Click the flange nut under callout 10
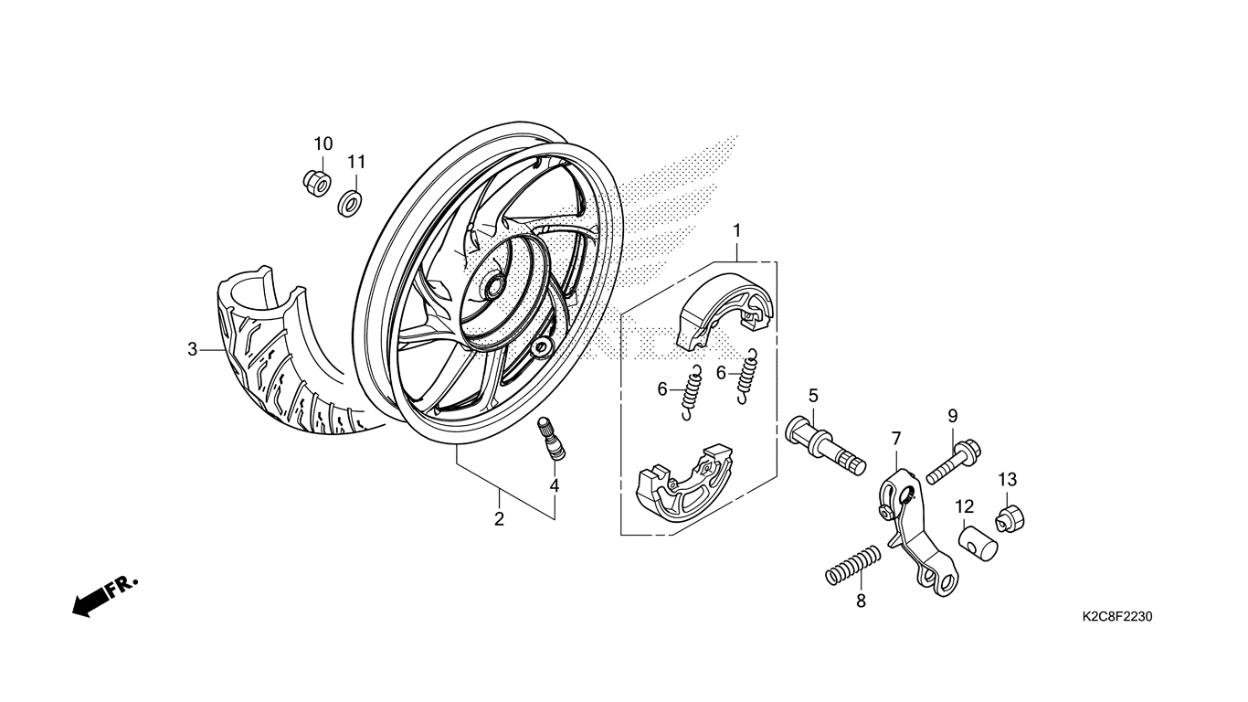point(317,183)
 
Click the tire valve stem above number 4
point(551,439)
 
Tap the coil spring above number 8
point(852,566)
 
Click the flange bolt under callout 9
point(954,461)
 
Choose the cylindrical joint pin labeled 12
point(978,542)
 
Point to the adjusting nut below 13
point(1010,518)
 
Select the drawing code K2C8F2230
point(1117,617)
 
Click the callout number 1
point(736,230)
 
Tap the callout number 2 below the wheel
point(499,519)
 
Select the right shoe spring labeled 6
point(747,377)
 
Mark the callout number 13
point(1008,480)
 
